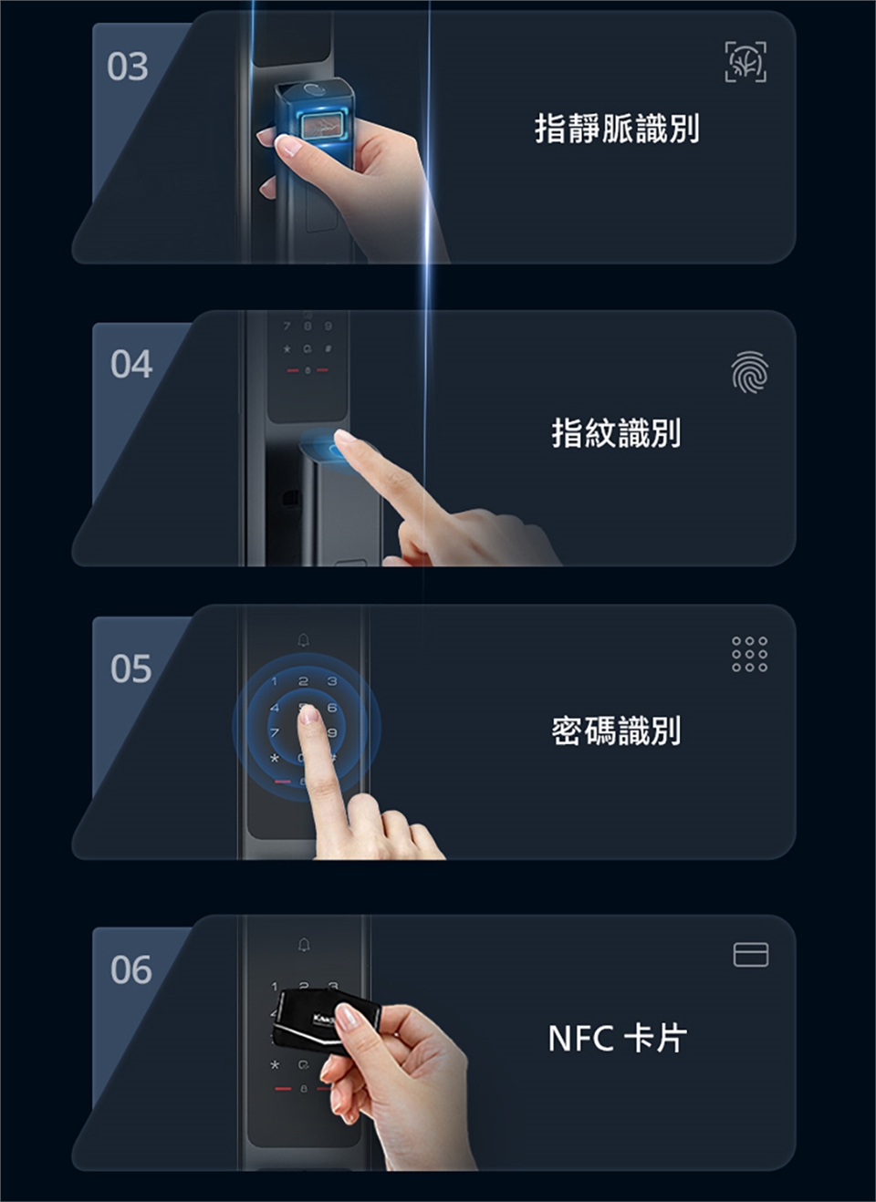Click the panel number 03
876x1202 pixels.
(x=128, y=67)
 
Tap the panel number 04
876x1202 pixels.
(x=131, y=365)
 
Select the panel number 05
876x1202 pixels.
(x=131, y=669)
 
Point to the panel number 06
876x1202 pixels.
(x=131, y=970)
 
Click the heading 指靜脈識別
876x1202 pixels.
(x=617, y=129)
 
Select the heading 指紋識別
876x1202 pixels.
(x=617, y=433)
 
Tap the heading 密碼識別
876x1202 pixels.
(x=617, y=731)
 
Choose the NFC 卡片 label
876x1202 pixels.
(x=617, y=1039)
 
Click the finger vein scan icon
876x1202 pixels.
(x=746, y=62)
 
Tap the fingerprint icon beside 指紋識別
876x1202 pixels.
(x=750, y=371)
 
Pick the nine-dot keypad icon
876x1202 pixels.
(x=750, y=654)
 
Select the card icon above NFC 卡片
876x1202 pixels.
(x=751, y=955)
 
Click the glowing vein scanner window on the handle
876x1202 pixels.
(x=320, y=128)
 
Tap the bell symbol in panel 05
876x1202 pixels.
(x=304, y=639)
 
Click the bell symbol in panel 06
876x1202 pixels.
(x=304, y=944)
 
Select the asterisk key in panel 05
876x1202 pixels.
(x=275, y=759)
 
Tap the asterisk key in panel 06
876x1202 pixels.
(x=275, y=1065)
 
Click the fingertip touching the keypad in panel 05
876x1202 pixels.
(x=308, y=714)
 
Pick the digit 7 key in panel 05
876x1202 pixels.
(x=275, y=732)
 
